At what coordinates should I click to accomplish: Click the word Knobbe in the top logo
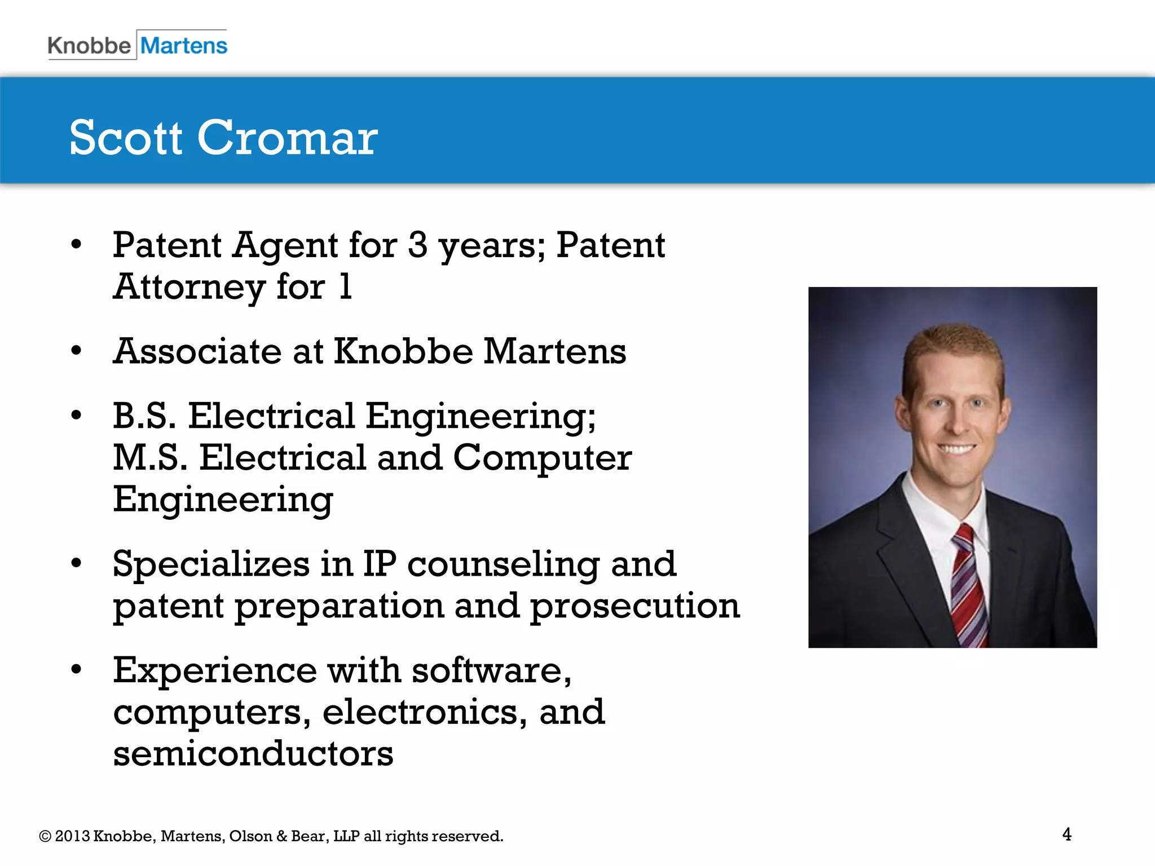click(x=89, y=45)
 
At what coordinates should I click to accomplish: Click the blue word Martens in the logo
click(x=184, y=45)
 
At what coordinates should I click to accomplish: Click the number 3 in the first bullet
click(x=417, y=245)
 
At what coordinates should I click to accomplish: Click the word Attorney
click(x=189, y=288)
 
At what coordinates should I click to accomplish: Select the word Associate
click(x=197, y=351)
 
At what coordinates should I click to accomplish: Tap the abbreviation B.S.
click(x=144, y=416)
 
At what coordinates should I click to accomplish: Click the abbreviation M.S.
click(x=150, y=457)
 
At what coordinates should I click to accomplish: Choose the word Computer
click(x=542, y=458)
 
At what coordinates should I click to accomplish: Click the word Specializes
click(x=211, y=564)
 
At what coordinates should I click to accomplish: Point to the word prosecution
click(x=634, y=607)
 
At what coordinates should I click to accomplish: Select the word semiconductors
click(x=253, y=754)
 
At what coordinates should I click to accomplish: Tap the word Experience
click(x=215, y=670)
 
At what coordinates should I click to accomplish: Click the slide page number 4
click(x=1066, y=834)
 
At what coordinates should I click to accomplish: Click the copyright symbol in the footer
click(x=45, y=836)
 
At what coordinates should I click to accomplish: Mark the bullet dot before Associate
click(x=76, y=351)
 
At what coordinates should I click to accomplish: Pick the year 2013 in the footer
click(x=72, y=836)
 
